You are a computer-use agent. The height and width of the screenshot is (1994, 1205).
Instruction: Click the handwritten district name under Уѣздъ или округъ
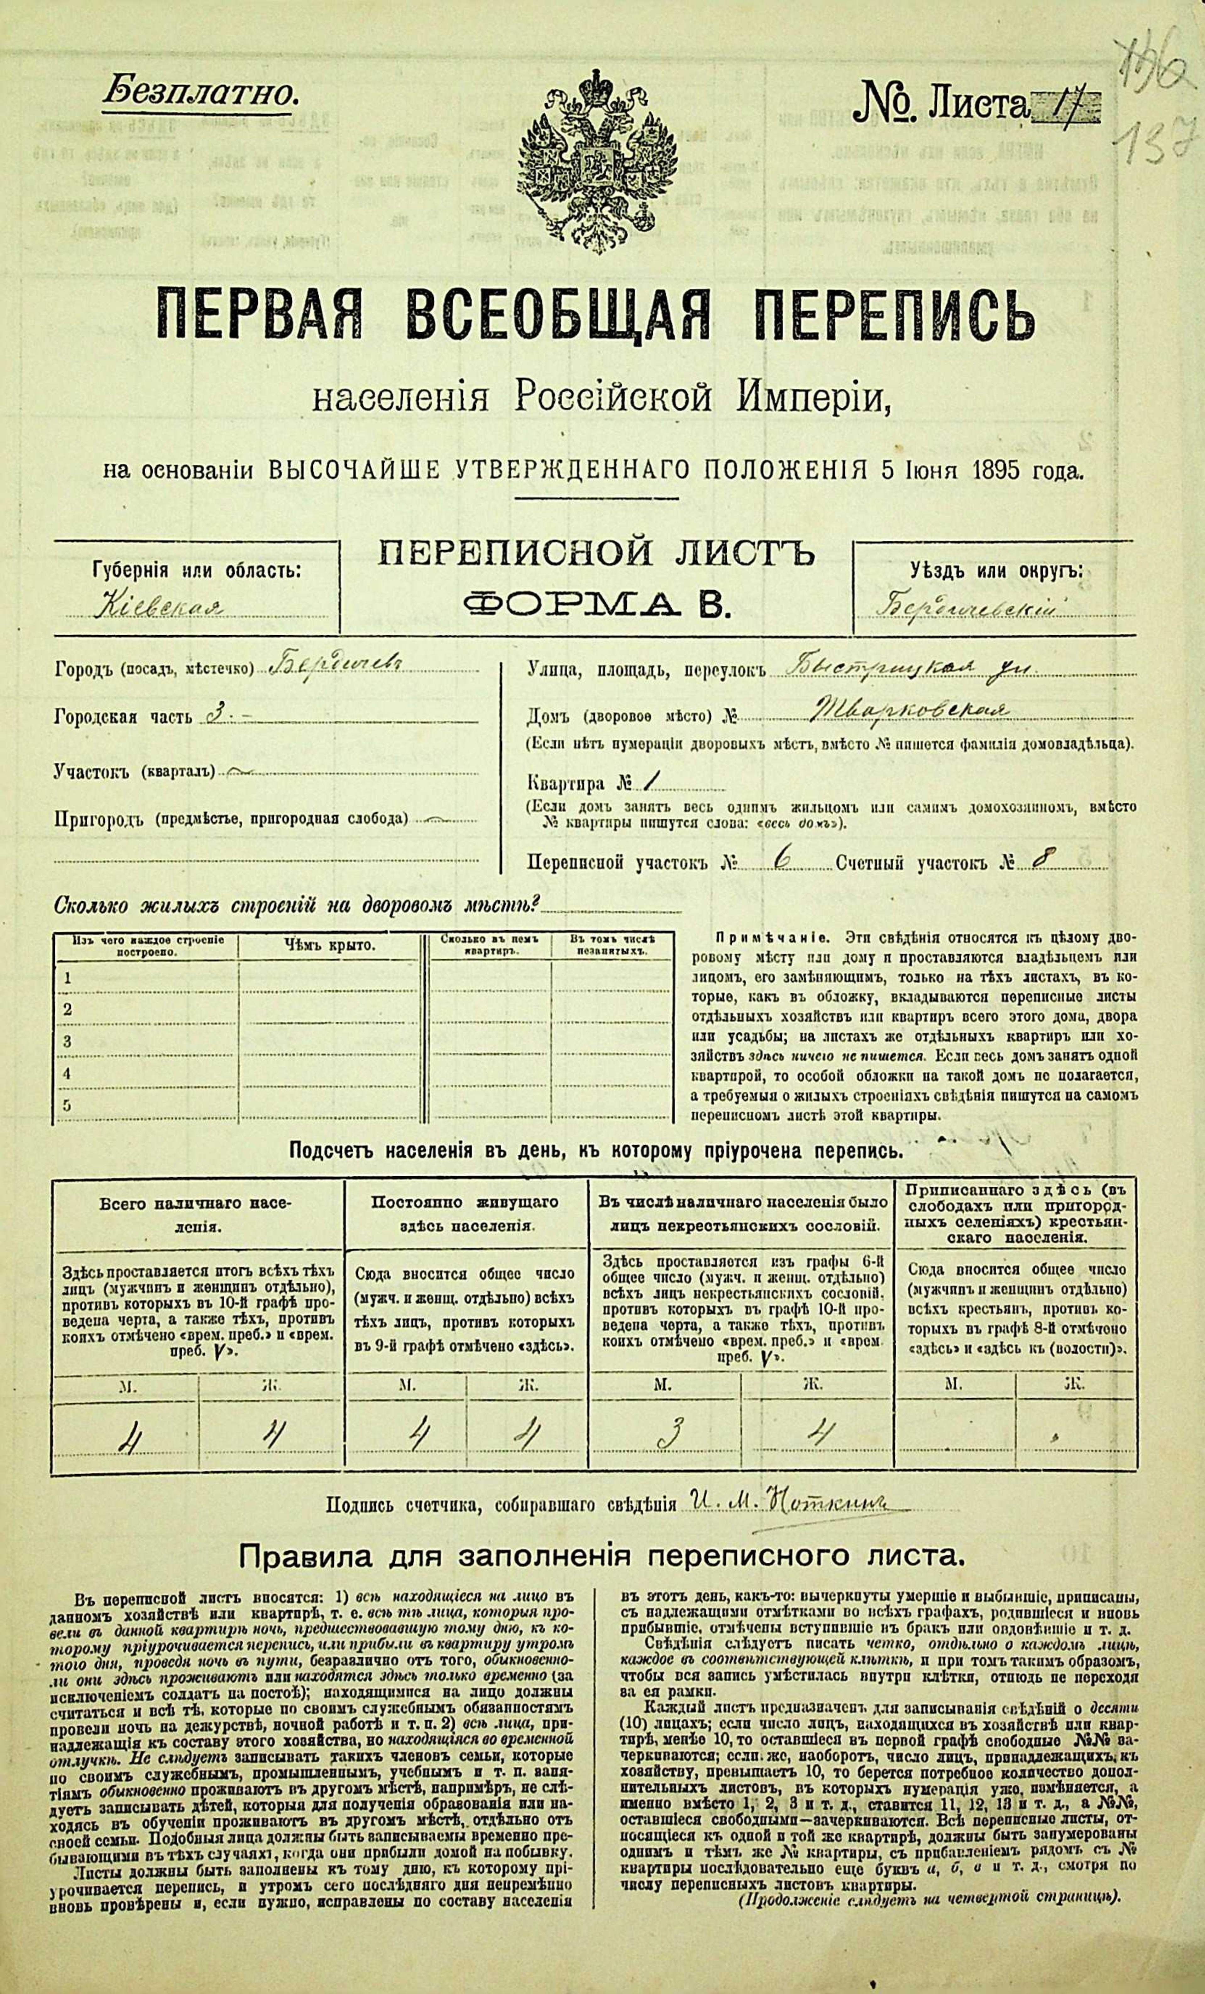[x=971, y=606]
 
